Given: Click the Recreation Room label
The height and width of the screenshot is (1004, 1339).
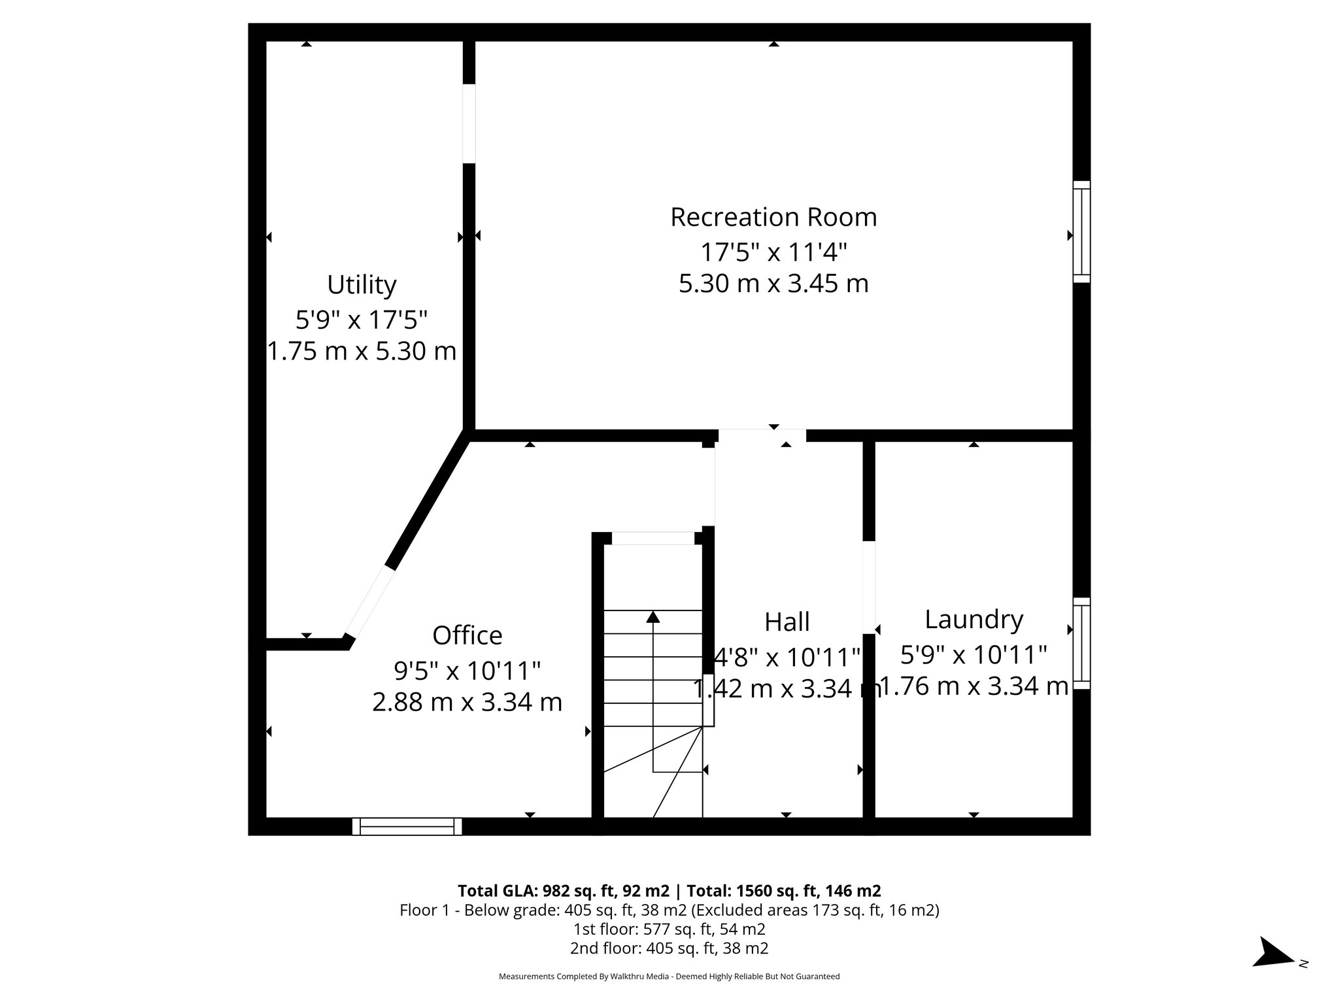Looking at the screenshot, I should click(x=773, y=218).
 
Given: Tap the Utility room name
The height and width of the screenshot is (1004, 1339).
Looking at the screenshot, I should click(x=362, y=285).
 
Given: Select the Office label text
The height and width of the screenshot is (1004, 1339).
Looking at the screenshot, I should click(x=467, y=635).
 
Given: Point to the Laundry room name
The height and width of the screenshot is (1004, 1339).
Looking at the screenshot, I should click(x=974, y=620).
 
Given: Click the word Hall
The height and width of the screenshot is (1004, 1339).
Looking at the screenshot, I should click(x=787, y=622).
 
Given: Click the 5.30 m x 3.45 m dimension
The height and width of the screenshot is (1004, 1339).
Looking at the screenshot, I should click(x=773, y=284).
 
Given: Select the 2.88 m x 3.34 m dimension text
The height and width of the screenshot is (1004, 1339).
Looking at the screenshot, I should click(x=467, y=702).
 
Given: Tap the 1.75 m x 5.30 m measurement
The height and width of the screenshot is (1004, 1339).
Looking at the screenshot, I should click(x=362, y=351).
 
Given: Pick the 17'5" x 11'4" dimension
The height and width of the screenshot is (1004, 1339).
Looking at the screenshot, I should click(x=773, y=251).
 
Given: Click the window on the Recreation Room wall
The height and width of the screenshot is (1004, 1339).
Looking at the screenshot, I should click(x=1081, y=232).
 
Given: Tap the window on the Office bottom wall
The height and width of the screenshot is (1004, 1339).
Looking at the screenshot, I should click(x=407, y=826).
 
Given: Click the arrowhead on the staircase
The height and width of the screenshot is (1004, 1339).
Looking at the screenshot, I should click(x=653, y=616).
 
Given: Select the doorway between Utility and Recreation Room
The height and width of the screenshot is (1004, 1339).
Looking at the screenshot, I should click(x=469, y=124).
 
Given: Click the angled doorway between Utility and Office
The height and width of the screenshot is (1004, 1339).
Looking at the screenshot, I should click(x=369, y=602).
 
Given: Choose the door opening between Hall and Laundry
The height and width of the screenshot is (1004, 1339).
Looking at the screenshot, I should click(x=868, y=587).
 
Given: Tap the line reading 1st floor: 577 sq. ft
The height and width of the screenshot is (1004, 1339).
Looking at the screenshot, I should click(x=669, y=928).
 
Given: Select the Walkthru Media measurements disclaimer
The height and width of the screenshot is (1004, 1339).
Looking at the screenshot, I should click(x=669, y=977).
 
